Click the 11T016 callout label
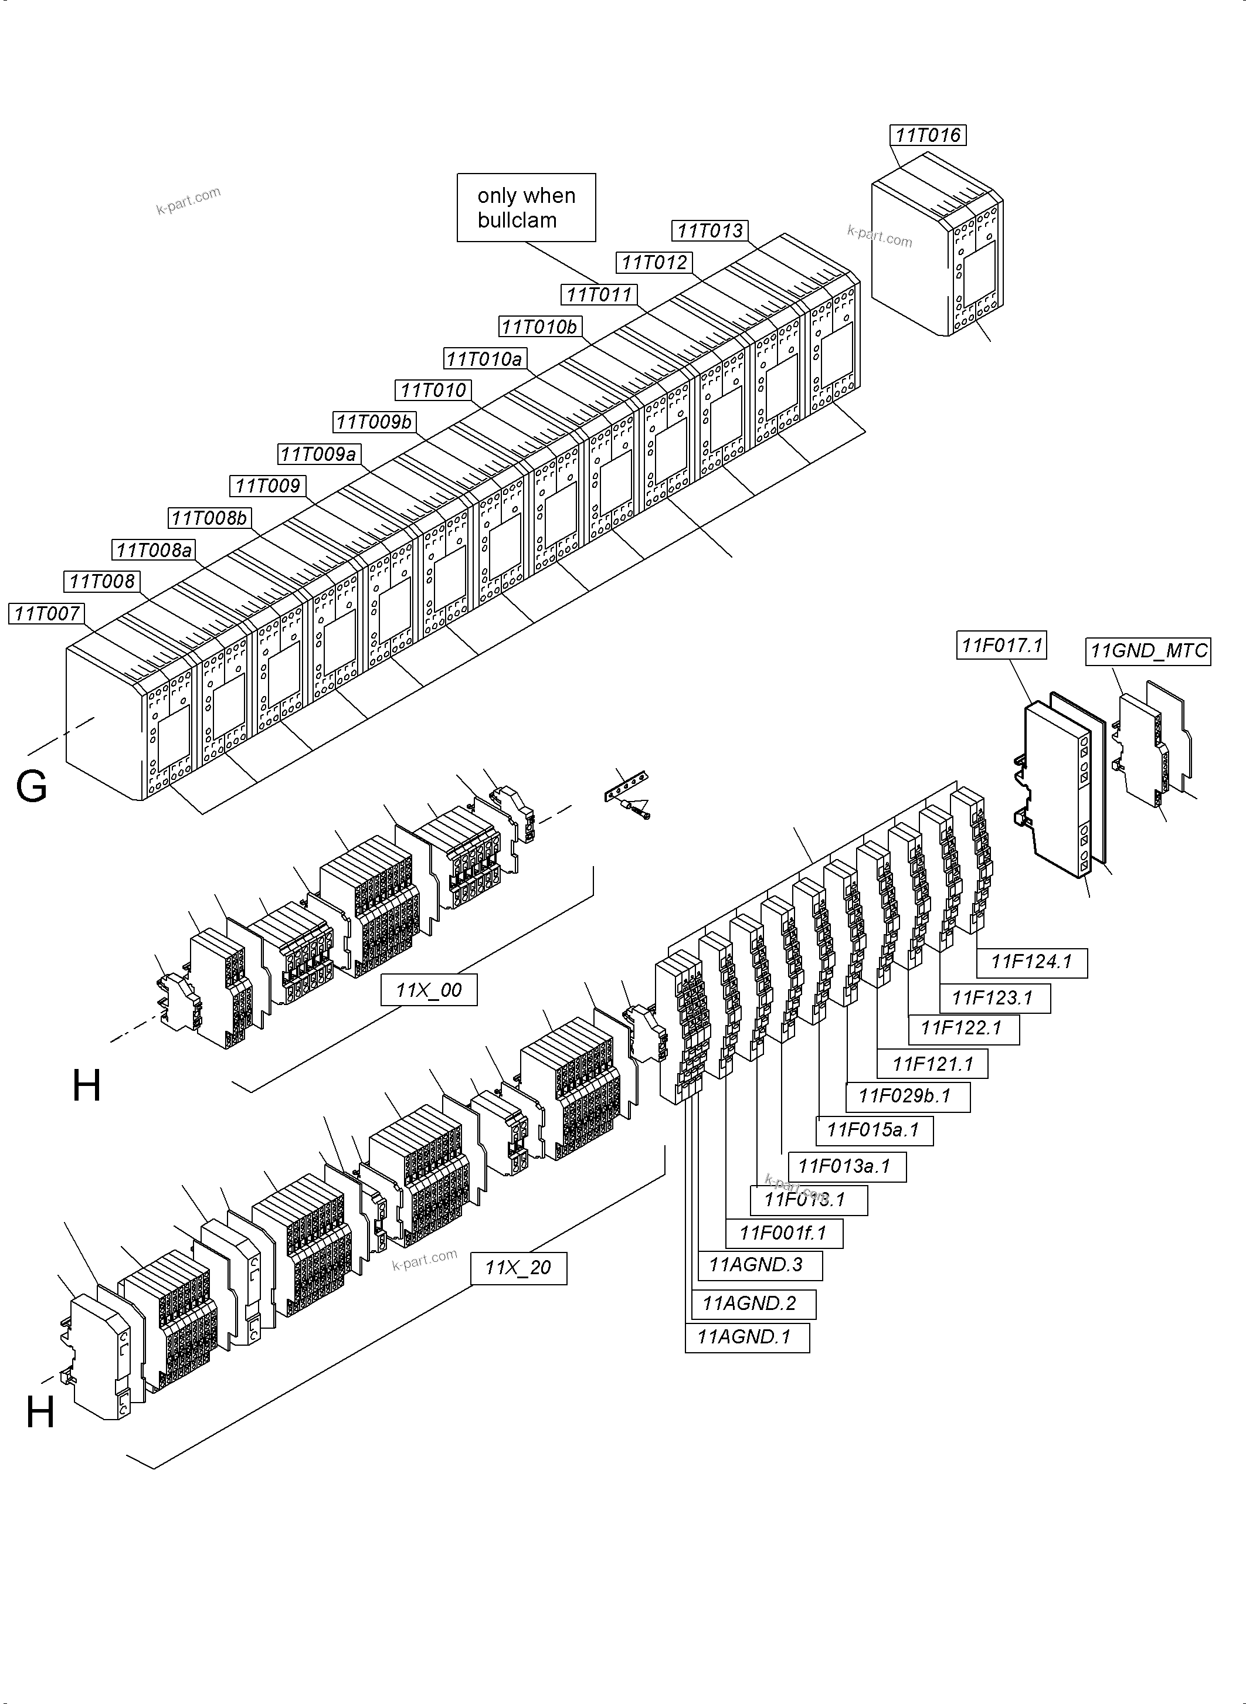[x=928, y=135]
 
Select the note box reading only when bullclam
[x=526, y=208]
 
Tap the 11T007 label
[x=47, y=614]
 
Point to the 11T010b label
[x=539, y=327]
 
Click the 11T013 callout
[x=709, y=231]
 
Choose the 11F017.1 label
[x=1001, y=645]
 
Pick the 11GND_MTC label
[x=1148, y=651]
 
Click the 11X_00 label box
[x=429, y=990]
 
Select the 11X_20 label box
[x=518, y=1268]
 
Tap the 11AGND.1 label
[x=746, y=1338]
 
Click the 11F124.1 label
[x=1031, y=962]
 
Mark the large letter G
[x=32, y=787]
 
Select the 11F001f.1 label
[x=783, y=1233]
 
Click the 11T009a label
[x=318, y=454]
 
